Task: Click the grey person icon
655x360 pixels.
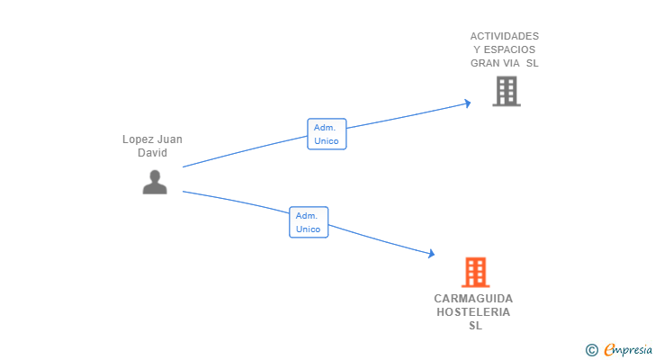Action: tap(155, 182)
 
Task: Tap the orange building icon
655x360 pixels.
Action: tap(475, 273)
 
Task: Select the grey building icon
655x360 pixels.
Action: tap(507, 91)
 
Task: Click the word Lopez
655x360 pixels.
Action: tap(135, 139)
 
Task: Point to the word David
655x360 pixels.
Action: tap(152, 153)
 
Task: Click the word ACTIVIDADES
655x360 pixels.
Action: tap(504, 36)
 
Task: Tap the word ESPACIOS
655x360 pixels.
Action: tap(509, 49)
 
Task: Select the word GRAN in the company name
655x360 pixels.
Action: tap(483, 63)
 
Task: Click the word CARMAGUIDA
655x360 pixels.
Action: tap(473, 299)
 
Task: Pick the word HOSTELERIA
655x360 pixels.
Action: tap(473, 312)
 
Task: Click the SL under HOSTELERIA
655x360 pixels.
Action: tap(475, 325)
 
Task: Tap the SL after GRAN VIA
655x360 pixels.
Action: tap(533, 63)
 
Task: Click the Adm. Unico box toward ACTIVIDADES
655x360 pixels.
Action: tap(327, 134)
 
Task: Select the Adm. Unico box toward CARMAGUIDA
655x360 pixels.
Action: tap(309, 222)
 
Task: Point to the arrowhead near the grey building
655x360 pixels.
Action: tap(468, 103)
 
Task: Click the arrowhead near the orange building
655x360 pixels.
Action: tap(432, 253)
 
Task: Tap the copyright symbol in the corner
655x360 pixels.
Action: tap(591, 350)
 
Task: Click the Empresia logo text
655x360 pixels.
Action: tap(628, 350)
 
